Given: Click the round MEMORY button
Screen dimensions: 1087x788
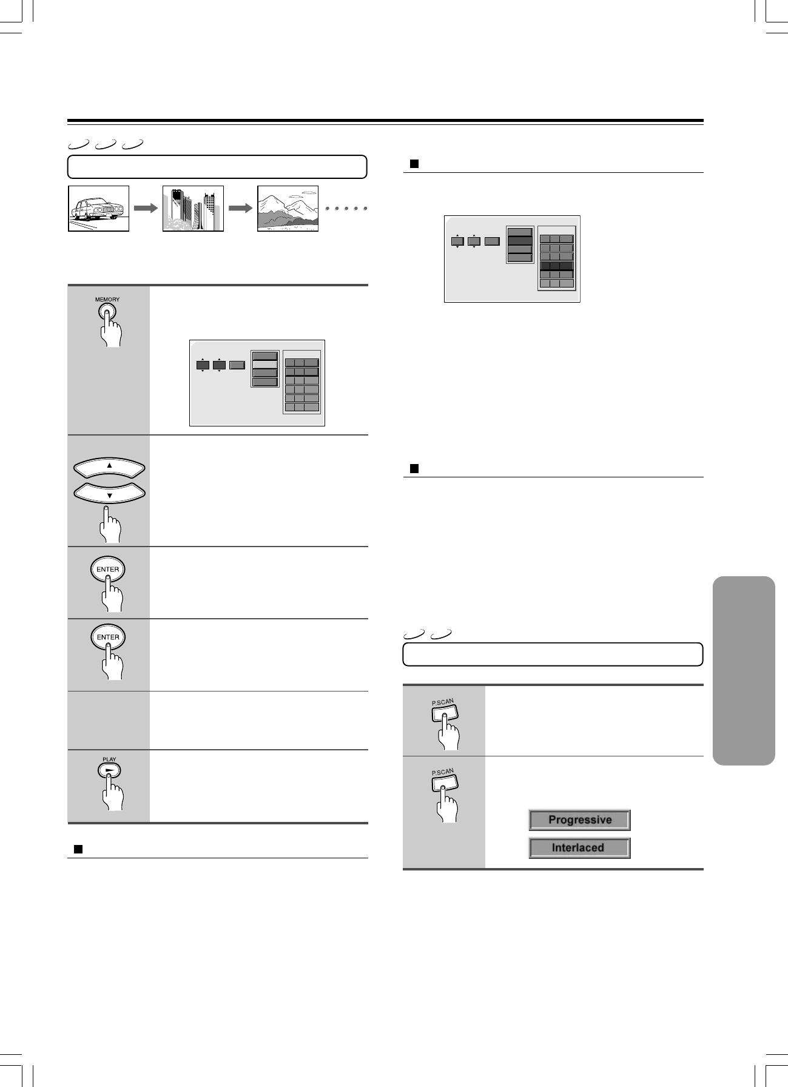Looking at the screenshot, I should [107, 312].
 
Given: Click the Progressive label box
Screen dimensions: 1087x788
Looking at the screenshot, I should [579, 820].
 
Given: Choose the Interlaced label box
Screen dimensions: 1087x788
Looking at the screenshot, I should [579, 848].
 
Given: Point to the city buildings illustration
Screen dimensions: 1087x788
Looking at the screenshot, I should [193, 208].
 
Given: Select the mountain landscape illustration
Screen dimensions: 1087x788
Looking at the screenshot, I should [288, 208].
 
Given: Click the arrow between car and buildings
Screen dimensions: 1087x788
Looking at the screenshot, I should [146, 208].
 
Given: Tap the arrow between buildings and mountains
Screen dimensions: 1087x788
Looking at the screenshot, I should [240, 208].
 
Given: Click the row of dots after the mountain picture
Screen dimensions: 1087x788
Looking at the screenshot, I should [347, 209].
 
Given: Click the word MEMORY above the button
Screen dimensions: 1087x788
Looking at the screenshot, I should [107, 300].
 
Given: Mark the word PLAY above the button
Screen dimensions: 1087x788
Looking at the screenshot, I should [109, 759].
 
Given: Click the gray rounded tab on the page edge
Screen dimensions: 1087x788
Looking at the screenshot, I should [744, 670].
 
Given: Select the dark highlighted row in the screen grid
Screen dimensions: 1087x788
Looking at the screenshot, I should [556, 265].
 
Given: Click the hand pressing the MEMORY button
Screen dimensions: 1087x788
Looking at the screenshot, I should [112, 334].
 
